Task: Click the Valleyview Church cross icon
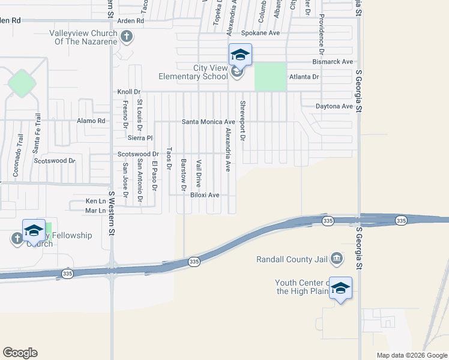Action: [x=126, y=37]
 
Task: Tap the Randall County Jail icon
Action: [x=337, y=259]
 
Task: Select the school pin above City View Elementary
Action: [x=240, y=55]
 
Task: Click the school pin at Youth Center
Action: [x=340, y=289]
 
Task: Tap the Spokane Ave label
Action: [x=261, y=33]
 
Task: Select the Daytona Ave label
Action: [x=334, y=106]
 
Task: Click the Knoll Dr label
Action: [x=128, y=92]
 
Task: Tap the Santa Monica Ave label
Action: [x=209, y=121]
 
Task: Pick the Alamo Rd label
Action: [x=91, y=121]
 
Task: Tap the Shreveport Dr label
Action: [x=243, y=121]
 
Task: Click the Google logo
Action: [x=20, y=352]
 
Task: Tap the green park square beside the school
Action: [x=270, y=77]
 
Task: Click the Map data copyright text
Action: [x=411, y=355]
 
